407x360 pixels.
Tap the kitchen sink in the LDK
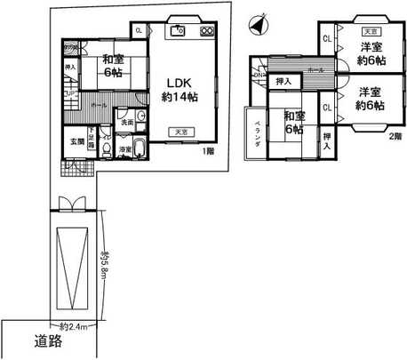point(178,30)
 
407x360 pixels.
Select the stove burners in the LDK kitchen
point(206,30)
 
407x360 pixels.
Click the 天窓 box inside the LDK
point(180,132)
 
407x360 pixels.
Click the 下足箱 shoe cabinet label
point(92,140)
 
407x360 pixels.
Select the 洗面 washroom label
point(128,122)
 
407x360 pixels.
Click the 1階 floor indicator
point(206,152)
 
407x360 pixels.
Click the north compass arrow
point(256,28)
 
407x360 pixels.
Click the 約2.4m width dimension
point(73,327)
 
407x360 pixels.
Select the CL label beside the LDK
point(139,30)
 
